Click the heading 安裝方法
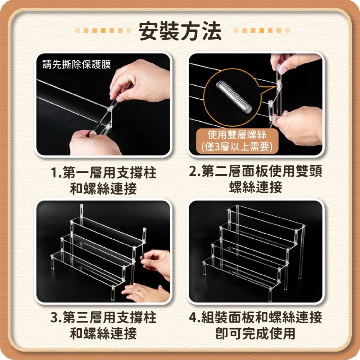180,31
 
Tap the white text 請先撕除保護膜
77,64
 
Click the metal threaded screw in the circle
234,97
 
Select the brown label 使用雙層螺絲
237,135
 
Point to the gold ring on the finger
138,292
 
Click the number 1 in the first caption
55,173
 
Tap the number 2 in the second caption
193,171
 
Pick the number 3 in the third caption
54,318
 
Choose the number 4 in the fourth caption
193,317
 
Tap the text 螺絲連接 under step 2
256,187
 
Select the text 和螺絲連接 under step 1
103,188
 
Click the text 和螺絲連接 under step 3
103,333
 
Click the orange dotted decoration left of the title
103,31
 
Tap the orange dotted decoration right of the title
262,31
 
